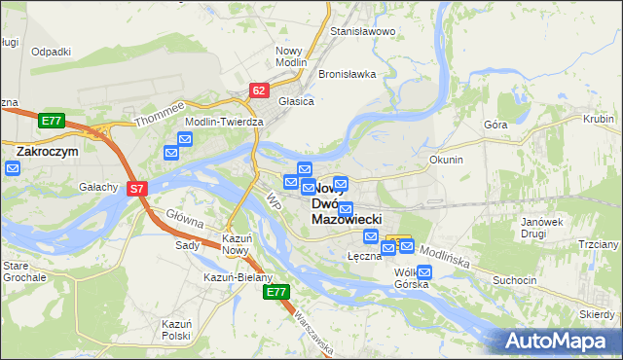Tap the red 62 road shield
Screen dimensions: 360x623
point(258,90)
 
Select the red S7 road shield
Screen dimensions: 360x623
point(137,189)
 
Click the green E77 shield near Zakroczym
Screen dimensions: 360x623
point(53,121)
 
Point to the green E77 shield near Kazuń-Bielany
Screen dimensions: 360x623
point(276,292)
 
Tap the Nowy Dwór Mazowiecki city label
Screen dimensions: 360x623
point(346,204)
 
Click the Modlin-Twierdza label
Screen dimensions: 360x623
point(225,122)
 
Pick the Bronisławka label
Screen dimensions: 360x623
point(347,74)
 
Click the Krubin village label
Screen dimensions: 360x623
point(598,119)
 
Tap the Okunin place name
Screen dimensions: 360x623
point(446,159)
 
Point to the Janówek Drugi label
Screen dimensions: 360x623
point(542,228)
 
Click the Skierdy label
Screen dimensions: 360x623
point(597,314)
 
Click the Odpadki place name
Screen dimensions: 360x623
point(52,52)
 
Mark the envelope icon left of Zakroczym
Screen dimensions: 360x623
point(12,168)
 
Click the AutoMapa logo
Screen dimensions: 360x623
point(558,340)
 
